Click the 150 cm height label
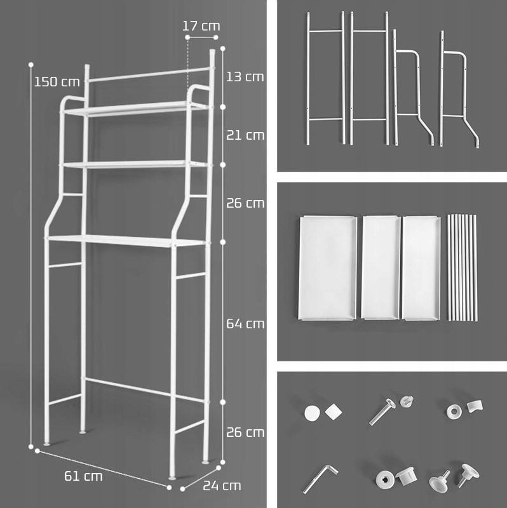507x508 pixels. (x=57, y=82)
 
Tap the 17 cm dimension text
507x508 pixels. (x=201, y=26)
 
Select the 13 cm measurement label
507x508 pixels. (x=245, y=77)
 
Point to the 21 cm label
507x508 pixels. (x=245, y=135)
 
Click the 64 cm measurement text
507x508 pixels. (x=245, y=324)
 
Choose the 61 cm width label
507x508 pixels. (x=83, y=476)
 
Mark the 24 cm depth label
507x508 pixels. (x=222, y=486)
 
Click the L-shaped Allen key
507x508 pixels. (x=321, y=479)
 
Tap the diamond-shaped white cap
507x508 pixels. (x=334, y=412)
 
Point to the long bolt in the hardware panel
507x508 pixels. (x=382, y=411)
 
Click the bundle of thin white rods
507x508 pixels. (x=462, y=267)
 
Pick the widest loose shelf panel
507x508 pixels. (x=327, y=268)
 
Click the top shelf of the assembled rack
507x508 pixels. (x=135, y=108)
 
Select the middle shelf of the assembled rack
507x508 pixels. (x=135, y=164)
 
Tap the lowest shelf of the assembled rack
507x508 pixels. (x=128, y=241)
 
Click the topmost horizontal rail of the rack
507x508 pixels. (x=149, y=74)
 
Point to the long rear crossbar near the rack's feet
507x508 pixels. (x=146, y=390)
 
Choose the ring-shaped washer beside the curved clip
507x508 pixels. (x=453, y=411)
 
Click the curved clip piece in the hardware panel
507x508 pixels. (x=475, y=406)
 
